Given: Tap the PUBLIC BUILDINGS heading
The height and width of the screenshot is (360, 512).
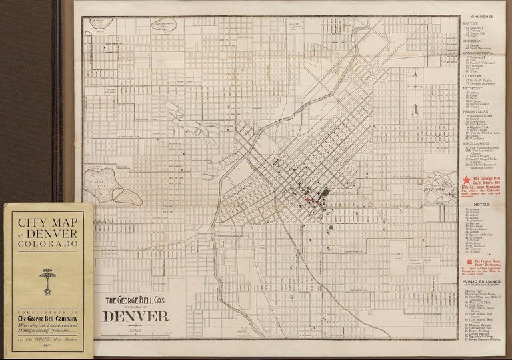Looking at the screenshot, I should pyautogui.click(x=485, y=279).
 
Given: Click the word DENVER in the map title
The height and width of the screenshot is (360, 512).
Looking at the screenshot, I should pyautogui.click(x=133, y=314).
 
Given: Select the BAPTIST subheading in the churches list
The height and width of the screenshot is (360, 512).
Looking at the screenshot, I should pyautogui.click(x=470, y=23).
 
